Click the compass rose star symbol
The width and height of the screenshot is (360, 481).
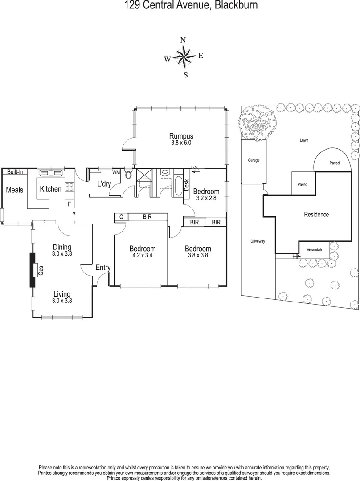[x=183, y=57]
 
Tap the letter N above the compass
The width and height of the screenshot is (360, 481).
[x=183, y=40]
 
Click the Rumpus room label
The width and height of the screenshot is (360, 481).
[x=181, y=136]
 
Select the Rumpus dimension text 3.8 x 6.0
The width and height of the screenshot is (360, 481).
[x=181, y=143]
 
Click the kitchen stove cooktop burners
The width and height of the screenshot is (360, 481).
[x=70, y=188]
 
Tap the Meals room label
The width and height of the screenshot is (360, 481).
[x=14, y=190]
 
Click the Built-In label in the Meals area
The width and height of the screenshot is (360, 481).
[x=15, y=172]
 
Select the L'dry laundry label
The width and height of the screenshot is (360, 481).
[x=104, y=183]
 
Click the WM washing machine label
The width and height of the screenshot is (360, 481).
[x=116, y=172]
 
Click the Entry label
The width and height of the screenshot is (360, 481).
[x=103, y=268]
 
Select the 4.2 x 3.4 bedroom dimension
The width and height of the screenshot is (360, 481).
[x=142, y=256]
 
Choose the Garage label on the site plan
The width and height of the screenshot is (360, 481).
[x=253, y=160]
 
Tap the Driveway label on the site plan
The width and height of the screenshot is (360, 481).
[x=258, y=241]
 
